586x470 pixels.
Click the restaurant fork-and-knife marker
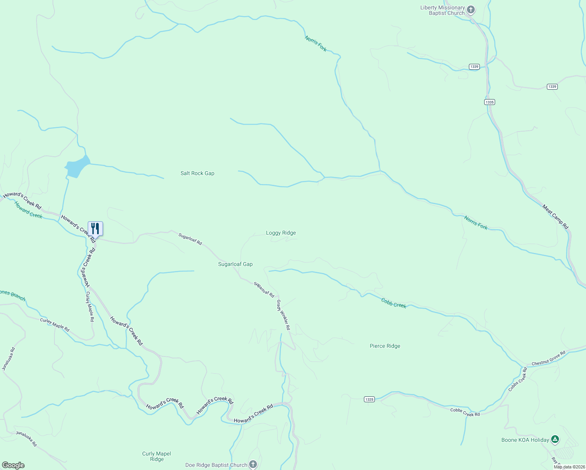point(95,229)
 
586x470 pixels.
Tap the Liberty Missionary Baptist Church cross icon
point(471,10)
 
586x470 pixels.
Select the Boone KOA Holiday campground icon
point(555,439)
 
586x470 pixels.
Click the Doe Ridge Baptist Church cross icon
point(253,465)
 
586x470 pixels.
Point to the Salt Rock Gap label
point(197,173)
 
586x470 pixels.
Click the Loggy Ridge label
point(281,233)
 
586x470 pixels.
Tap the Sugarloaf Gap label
point(235,264)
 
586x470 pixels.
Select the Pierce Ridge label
point(385,346)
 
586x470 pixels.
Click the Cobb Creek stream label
point(394,303)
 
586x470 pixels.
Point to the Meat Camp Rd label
point(555,217)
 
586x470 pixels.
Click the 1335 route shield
point(489,102)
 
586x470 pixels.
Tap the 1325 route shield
point(369,399)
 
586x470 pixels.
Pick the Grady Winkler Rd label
point(283,315)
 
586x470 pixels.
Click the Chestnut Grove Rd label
point(548,358)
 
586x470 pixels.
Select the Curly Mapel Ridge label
point(157,456)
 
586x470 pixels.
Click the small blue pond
point(77,166)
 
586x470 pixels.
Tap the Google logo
point(13,465)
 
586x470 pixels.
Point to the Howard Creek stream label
point(28,210)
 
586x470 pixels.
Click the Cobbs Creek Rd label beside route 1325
point(465,412)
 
